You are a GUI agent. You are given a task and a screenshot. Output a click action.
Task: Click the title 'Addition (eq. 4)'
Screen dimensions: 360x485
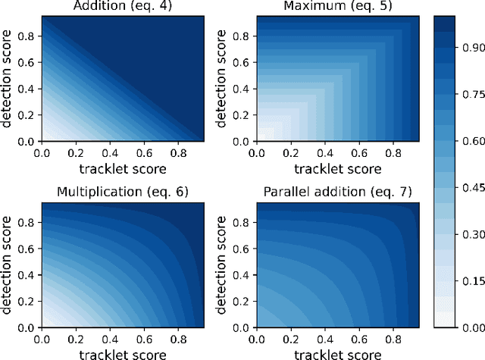pyautogui.click(x=121, y=7)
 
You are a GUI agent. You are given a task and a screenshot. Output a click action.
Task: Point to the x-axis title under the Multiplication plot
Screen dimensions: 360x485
pyautogui.click(x=122, y=353)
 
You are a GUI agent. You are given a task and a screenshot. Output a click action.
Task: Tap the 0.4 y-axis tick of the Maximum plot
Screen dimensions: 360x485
pyautogui.click(x=243, y=88)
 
